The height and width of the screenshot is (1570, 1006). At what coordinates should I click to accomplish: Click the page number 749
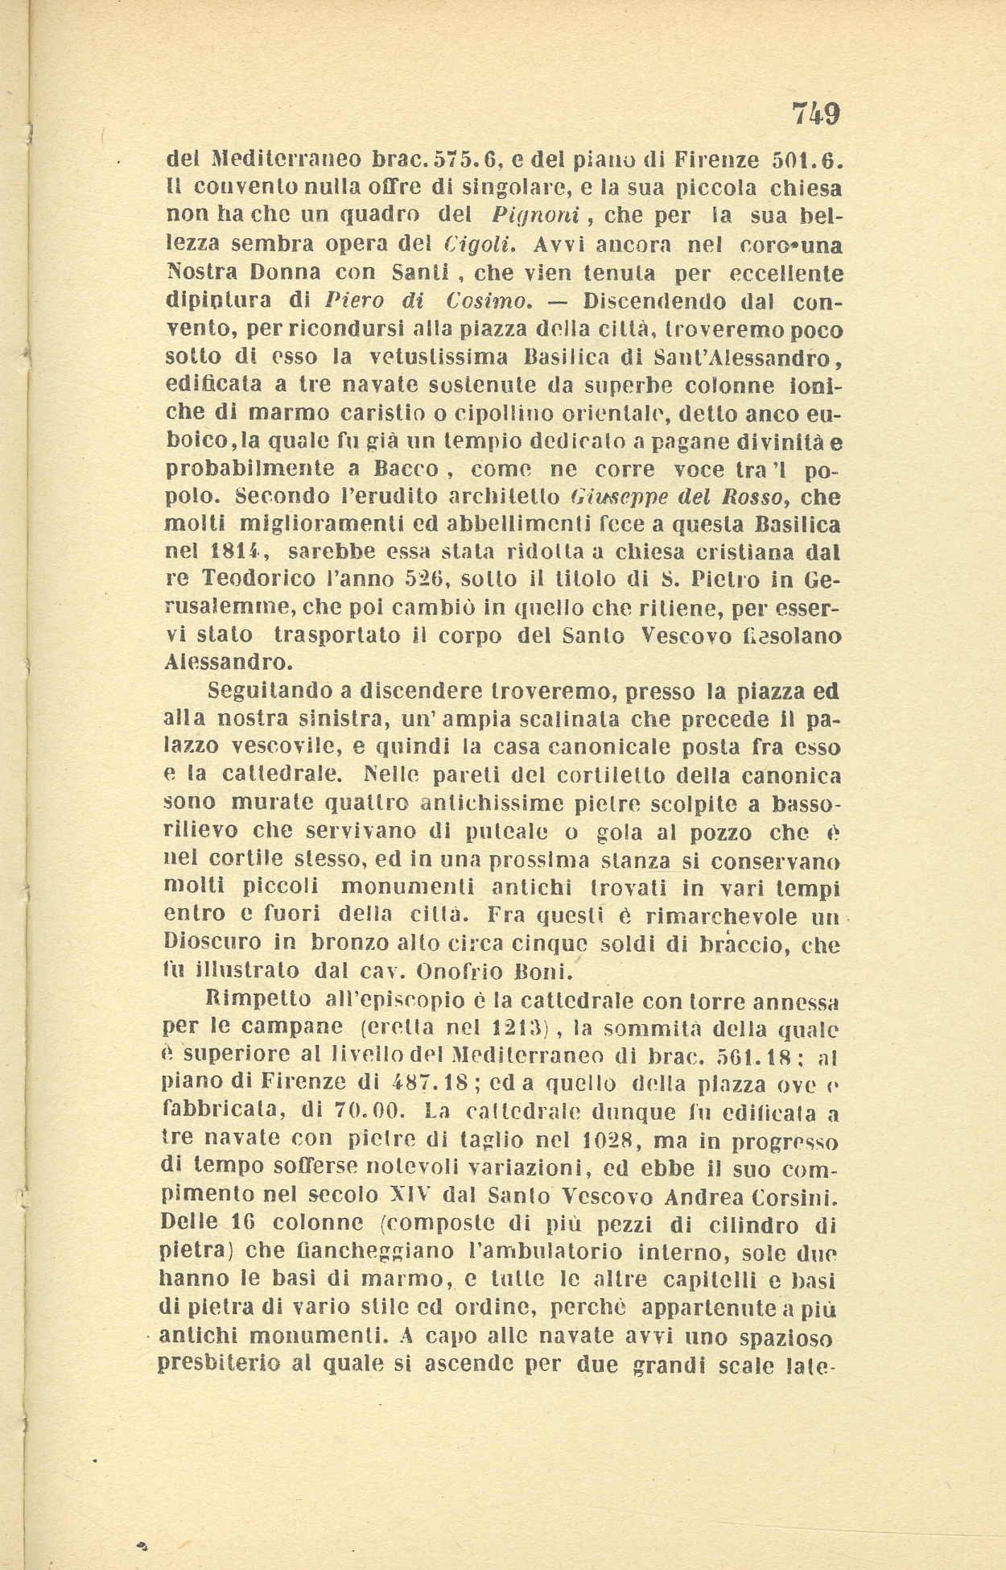pyautogui.click(x=815, y=114)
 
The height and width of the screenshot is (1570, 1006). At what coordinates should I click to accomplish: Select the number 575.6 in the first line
pyautogui.click(x=456, y=160)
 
